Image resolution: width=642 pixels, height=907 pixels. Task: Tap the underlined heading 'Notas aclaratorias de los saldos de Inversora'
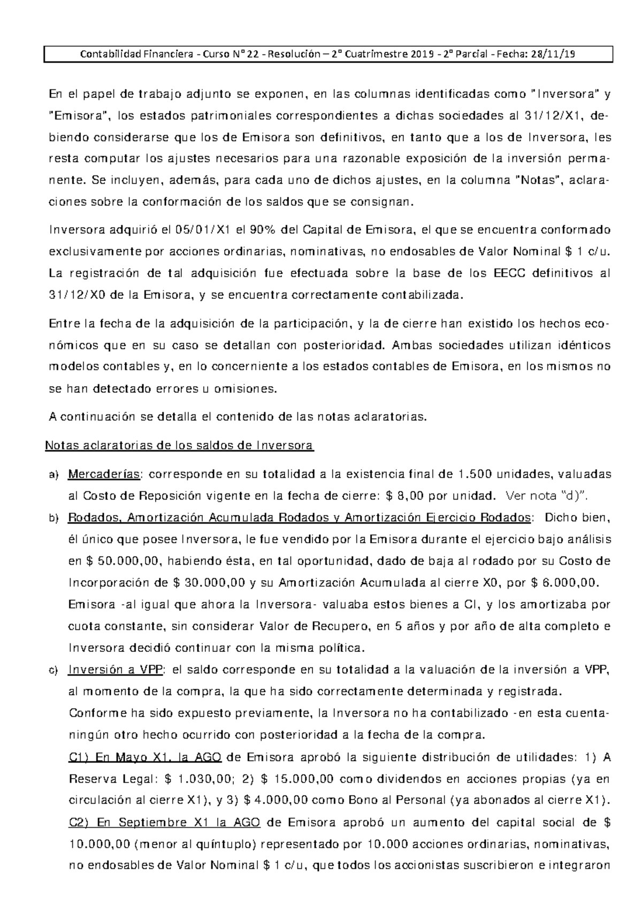180,445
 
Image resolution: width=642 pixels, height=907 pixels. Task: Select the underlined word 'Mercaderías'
105,474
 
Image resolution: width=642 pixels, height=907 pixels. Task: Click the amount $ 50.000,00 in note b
125,561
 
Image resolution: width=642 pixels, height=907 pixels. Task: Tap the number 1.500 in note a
476,474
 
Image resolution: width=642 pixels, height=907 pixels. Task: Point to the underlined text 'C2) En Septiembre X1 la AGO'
165,822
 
